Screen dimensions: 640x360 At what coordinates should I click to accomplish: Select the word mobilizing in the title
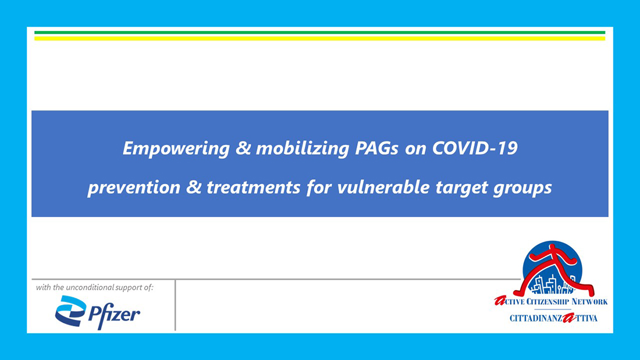[302, 148]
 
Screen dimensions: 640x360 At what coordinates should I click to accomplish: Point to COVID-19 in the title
[475, 148]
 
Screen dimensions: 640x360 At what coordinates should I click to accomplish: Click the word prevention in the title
[134, 188]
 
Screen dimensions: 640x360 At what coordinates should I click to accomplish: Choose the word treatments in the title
[254, 188]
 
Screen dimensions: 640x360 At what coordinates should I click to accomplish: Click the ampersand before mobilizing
[243, 148]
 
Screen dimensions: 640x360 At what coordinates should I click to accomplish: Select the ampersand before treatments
[194, 187]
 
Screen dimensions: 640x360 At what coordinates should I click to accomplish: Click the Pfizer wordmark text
[114, 315]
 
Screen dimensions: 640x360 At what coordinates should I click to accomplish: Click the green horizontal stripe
[319, 33]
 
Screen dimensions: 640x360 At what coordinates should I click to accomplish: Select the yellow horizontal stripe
[319, 39]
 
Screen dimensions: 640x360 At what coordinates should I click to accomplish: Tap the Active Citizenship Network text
[550, 302]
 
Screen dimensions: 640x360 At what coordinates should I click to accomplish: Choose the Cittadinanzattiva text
[553, 318]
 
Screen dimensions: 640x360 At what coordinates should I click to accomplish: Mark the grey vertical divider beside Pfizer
[175, 305]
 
